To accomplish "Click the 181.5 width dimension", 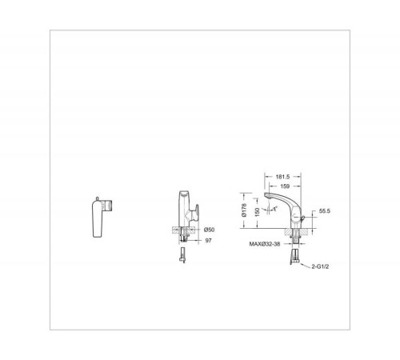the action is coord(282,177).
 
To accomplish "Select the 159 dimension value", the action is coord(285,186).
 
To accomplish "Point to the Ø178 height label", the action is coord(244,210).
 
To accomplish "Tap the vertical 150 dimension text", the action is coord(257,212).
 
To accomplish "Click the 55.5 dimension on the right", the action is coord(325,211).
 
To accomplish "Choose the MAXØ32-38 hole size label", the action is coord(265,244).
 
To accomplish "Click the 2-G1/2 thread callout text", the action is coord(320,266).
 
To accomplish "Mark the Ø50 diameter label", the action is coord(209,230).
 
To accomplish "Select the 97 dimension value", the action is coord(208,241).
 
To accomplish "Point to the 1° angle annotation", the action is coord(275,208).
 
